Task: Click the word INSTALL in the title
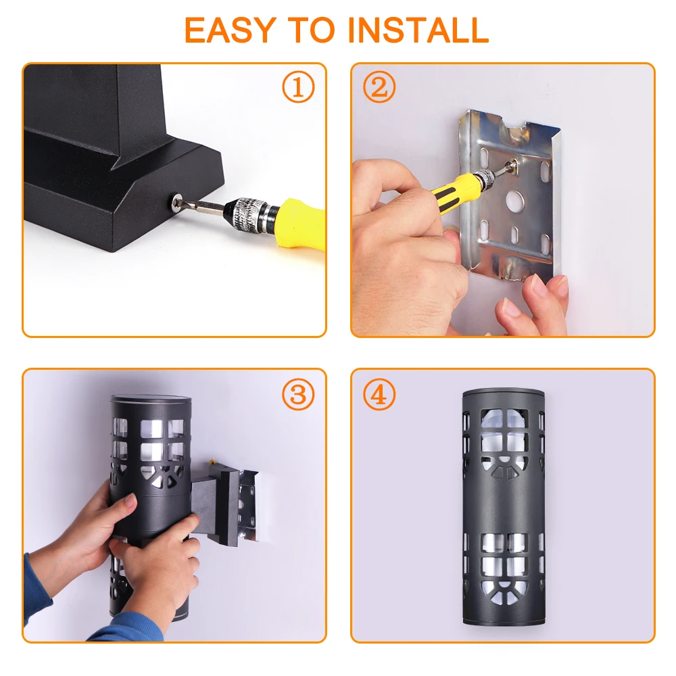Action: (418, 30)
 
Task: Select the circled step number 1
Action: (298, 87)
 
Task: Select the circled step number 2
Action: (379, 87)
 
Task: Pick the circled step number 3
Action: (298, 394)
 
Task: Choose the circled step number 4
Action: (379, 394)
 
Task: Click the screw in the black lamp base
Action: (177, 201)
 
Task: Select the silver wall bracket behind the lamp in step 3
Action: (248, 502)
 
